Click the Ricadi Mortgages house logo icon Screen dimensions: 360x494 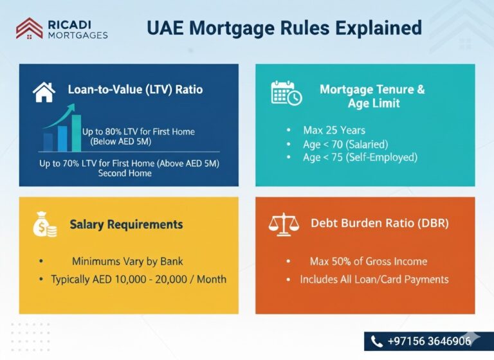29,28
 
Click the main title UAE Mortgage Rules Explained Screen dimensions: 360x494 284,28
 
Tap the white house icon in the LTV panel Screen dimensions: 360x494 44,92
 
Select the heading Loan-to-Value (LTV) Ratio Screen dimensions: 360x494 135,89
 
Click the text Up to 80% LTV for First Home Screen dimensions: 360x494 138,132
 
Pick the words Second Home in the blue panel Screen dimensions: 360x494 125,173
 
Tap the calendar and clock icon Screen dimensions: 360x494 286,93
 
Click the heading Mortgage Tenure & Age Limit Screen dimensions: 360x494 372,96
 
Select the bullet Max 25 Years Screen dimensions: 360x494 334,130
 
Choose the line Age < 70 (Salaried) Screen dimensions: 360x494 345,144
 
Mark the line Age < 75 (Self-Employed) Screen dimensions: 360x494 360,157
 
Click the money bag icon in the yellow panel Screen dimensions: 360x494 44,226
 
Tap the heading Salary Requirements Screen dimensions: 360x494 126,224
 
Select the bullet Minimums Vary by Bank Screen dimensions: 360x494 127,262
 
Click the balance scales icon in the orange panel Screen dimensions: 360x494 284,224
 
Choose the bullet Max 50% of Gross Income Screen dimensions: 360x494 369,262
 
